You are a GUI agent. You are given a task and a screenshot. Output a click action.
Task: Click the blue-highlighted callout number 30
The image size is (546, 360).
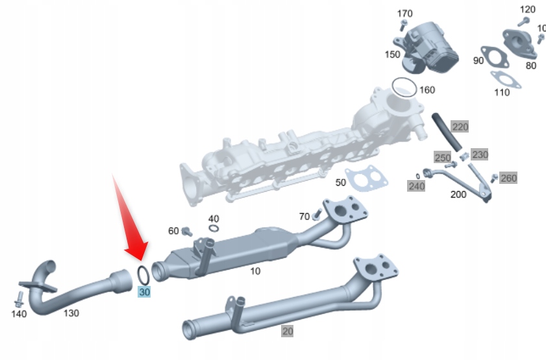(144, 292)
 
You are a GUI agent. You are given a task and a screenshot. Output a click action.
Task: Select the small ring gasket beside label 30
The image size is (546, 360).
(143, 274)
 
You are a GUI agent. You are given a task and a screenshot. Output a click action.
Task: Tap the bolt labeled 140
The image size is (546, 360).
(18, 299)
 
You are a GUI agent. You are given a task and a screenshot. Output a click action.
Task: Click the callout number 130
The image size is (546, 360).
(71, 313)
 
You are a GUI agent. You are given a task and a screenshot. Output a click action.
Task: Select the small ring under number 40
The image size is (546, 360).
(214, 229)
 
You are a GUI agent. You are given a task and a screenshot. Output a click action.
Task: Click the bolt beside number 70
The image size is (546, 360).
(317, 214)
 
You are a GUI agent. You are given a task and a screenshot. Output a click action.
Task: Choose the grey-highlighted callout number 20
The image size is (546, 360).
(287, 331)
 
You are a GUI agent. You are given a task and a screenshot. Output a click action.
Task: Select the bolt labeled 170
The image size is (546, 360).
(403, 25)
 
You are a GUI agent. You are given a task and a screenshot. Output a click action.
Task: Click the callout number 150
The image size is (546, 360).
(392, 55)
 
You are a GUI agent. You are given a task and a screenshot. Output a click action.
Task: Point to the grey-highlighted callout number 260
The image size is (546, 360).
(508, 178)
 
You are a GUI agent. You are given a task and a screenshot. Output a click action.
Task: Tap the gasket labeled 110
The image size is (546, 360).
(505, 79)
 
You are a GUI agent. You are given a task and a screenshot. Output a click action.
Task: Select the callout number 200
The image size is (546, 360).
(458, 194)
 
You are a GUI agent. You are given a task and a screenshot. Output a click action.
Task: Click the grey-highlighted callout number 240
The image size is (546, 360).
(416, 186)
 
